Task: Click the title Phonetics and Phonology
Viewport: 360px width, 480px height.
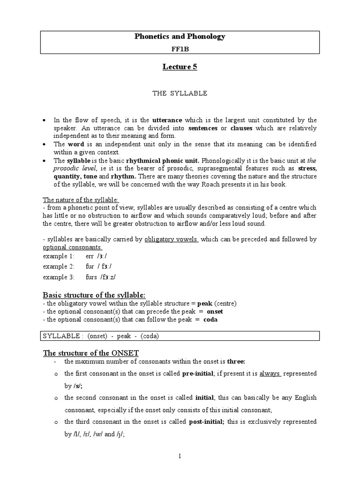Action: coord(180,36)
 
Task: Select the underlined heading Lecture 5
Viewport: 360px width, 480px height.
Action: coord(180,67)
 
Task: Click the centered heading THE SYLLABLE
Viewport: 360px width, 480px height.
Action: coord(180,93)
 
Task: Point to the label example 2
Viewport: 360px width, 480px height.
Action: coord(59,267)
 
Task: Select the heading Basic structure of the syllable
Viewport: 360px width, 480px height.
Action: coord(94,294)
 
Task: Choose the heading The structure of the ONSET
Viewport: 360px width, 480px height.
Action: coord(90,353)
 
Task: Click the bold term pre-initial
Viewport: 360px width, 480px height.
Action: coord(195,374)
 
